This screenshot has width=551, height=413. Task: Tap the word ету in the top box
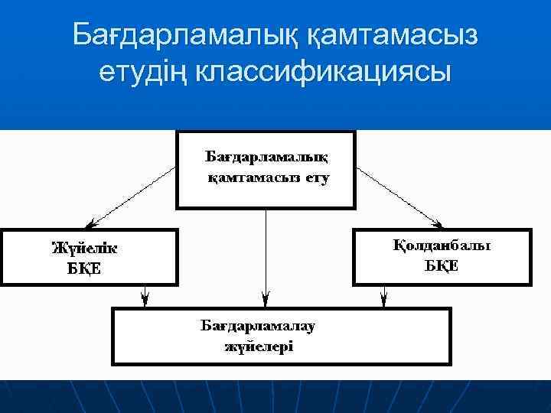tap(315, 179)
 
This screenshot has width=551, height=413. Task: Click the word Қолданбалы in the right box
tap(442, 246)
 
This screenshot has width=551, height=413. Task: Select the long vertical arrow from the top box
tap(265, 252)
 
